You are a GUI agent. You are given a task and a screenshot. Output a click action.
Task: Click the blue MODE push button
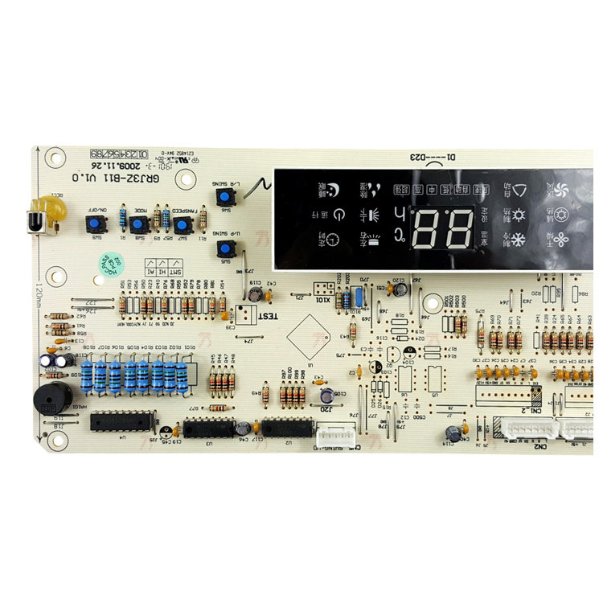tap(139, 225)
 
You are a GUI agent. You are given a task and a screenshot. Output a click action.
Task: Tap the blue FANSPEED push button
tap(183, 225)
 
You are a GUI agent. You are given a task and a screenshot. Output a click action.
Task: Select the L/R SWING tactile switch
tap(227, 197)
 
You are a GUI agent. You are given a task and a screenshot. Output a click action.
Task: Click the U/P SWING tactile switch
tap(227, 249)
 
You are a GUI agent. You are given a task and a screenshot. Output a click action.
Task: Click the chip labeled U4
tap(121, 421)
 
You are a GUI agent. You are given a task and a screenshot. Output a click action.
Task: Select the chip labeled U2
tap(286, 426)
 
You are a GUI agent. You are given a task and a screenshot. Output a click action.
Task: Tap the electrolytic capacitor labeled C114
tap(454, 433)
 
